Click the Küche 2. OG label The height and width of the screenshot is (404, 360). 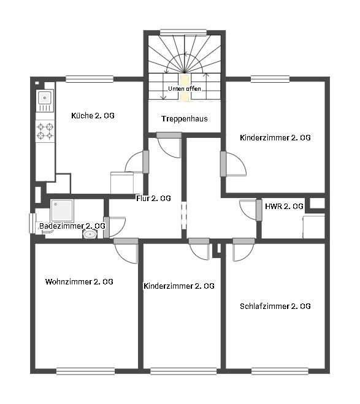[x=93, y=115]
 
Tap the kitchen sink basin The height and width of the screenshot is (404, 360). [x=45, y=98]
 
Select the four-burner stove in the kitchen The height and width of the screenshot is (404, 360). [x=45, y=131]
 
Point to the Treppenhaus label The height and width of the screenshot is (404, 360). [x=185, y=118]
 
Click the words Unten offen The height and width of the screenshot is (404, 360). [x=185, y=89]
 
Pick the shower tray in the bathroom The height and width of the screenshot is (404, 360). [x=62, y=210]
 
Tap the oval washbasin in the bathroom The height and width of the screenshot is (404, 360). [x=90, y=234]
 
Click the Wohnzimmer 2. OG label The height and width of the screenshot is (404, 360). [x=79, y=281]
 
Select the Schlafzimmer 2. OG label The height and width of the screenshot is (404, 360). [x=275, y=306]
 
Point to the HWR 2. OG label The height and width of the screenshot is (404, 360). [x=284, y=206]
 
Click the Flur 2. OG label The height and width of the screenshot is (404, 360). [x=153, y=198]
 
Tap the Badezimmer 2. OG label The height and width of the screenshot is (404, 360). [x=72, y=226]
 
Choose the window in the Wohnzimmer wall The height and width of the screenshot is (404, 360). [x=86, y=371]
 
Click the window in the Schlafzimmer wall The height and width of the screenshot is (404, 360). [x=280, y=371]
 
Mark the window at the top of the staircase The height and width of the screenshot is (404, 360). [x=183, y=32]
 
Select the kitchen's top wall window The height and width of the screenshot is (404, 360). [x=90, y=79]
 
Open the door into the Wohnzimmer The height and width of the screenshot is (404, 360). [x=126, y=252]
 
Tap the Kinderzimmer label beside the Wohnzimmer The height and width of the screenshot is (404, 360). [x=179, y=286]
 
